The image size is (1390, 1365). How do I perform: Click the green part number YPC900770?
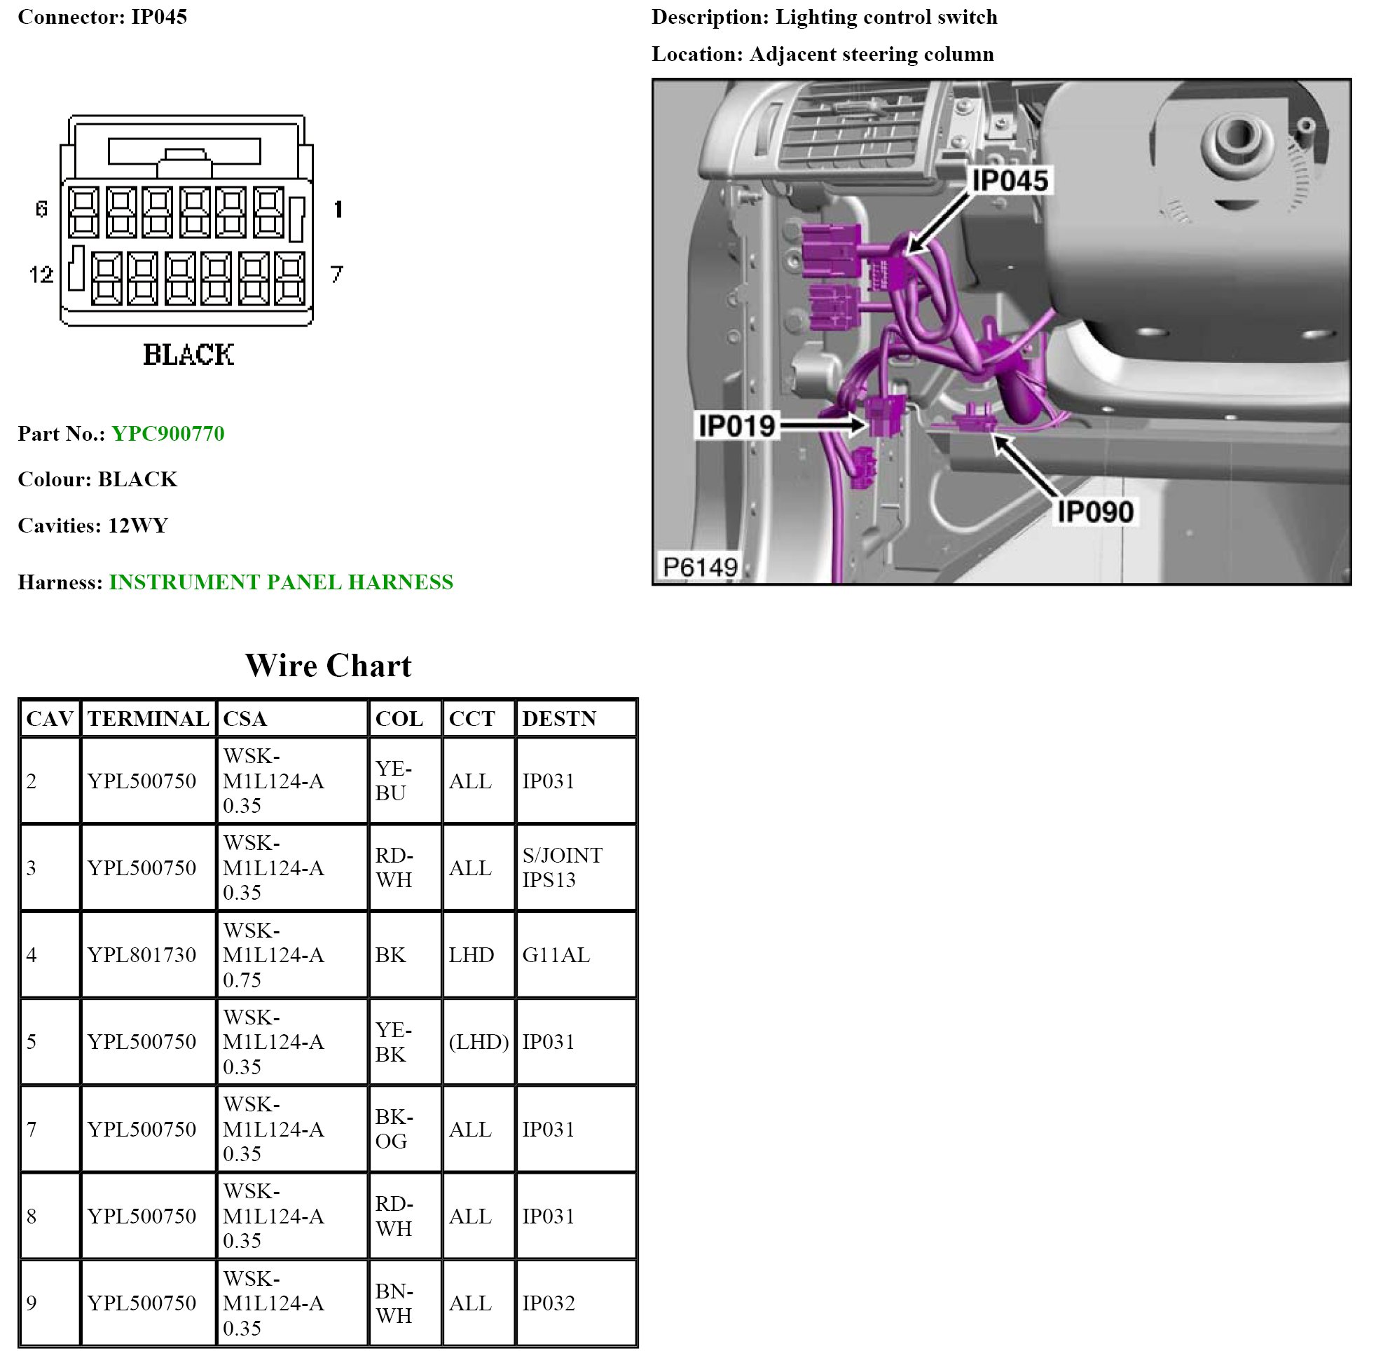(167, 434)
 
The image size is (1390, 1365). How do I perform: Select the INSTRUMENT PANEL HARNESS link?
(280, 582)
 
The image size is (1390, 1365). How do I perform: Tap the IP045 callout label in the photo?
(1010, 181)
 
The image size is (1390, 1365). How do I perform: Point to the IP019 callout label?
(736, 426)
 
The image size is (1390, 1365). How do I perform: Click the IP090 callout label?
(1094, 512)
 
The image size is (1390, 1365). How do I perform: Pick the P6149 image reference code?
(700, 567)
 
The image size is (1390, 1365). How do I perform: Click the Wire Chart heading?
(329, 666)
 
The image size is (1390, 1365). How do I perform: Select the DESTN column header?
(559, 719)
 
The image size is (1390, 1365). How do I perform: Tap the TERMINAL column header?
(148, 719)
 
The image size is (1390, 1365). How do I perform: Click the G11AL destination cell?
(556, 955)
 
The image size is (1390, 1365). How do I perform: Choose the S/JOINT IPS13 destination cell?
(562, 867)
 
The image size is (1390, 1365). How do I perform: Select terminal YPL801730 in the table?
(142, 955)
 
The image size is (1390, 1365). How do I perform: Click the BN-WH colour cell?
(394, 1303)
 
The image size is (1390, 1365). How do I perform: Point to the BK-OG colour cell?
(394, 1129)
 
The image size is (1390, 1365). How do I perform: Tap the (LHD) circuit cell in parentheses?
(478, 1042)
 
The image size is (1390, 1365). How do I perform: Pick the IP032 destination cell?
(549, 1303)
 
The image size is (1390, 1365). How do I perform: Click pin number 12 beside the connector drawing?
(41, 275)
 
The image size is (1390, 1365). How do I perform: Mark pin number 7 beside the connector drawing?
(336, 275)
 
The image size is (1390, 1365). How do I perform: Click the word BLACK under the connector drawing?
(188, 355)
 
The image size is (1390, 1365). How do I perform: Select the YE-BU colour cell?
(393, 781)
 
